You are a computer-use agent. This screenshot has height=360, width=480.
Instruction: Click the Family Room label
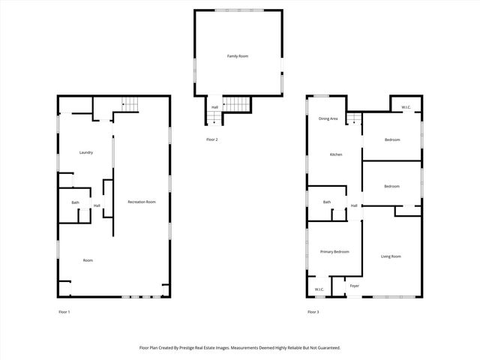point(238,56)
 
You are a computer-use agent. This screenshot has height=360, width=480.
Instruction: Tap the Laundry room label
point(86,152)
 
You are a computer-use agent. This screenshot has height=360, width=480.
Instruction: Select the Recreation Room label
point(141,202)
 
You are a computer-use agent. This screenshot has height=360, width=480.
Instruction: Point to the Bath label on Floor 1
point(75,202)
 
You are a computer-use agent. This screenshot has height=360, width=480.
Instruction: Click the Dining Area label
point(328,118)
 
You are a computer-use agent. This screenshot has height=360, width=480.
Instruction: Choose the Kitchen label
point(336,154)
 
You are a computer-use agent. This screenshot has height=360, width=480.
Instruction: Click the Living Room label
point(391,256)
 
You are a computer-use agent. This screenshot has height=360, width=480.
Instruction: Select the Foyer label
point(355,286)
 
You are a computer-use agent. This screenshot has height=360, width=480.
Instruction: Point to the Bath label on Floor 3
point(327,202)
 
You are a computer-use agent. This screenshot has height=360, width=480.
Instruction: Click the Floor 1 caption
point(64,311)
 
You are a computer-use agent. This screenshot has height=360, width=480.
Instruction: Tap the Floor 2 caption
point(212,139)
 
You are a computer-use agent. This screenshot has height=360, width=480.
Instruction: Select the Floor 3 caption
point(313,311)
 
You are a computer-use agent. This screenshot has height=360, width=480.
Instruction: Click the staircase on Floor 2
point(237,104)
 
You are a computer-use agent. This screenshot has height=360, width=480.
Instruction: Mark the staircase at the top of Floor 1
point(131,104)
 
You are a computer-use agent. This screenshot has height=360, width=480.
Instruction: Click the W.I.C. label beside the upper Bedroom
point(406,107)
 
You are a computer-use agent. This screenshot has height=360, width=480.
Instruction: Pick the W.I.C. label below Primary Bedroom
point(319,289)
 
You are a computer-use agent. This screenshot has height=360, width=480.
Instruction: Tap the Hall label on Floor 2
point(214,107)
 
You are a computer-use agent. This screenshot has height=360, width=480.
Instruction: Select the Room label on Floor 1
point(88,259)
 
